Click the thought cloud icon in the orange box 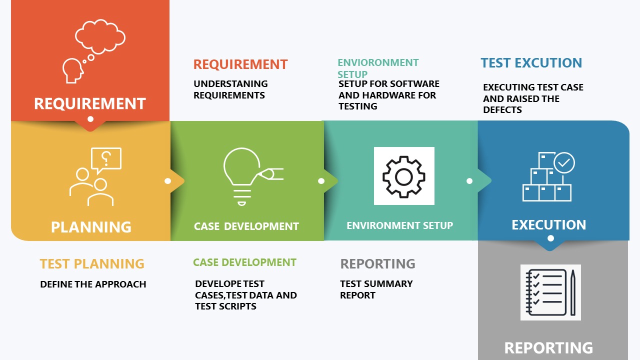[100, 36]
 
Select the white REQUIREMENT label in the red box [90, 103]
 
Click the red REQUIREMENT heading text [240, 64]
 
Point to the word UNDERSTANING [230, 83]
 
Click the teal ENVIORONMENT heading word [378, 62]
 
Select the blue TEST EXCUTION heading [531, 63]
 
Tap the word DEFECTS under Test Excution [502, 109]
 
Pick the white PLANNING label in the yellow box [91, 227]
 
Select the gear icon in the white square [404, 177]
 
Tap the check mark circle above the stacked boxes [564, 162]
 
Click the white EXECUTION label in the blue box [549, 225]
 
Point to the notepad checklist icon [546, 292]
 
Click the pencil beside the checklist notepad [573, 292]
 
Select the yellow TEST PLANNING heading [92, 263]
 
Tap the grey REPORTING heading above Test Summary [377, 263]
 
